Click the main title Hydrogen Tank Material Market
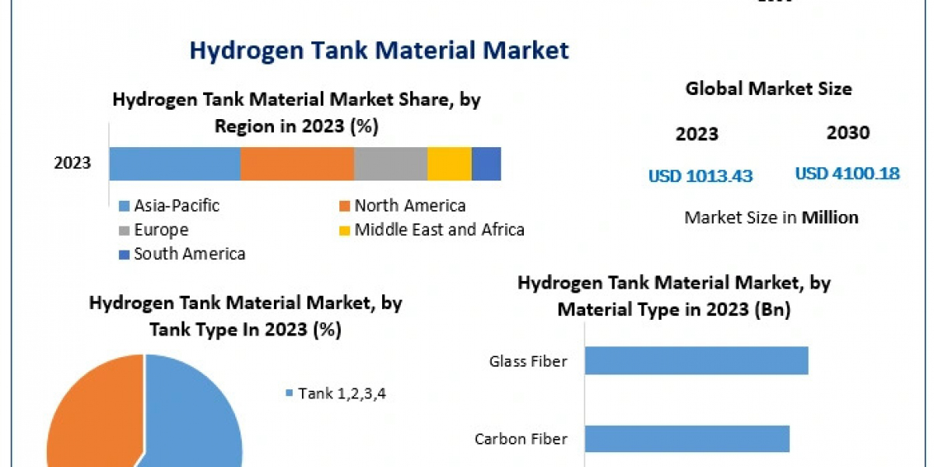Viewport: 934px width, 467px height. [x=379, y=51]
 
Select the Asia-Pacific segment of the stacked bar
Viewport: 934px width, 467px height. [x=174, y=163]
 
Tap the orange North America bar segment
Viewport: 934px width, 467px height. [x=297, y=163]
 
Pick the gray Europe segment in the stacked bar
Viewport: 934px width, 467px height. [x=390, y=163]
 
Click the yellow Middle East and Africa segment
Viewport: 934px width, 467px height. [x=449, y=163]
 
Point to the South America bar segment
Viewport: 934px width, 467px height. [x=486, y=163]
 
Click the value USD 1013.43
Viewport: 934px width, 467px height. [x=700, y=176]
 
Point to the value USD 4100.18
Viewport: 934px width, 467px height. [x=847, y=174]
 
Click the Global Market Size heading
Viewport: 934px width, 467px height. [x=768, y=89]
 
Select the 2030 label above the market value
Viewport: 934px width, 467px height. [x=848, y=133]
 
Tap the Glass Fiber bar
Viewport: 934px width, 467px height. [x=696, y=361]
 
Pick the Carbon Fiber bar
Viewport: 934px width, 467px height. [x=686, y=438]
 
